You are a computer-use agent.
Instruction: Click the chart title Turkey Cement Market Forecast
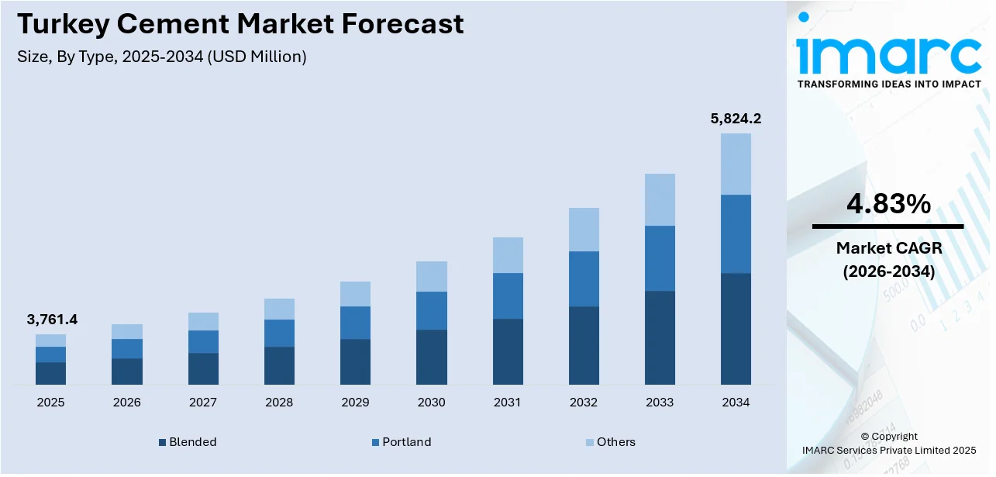240,24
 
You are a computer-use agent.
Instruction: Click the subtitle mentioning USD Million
161,57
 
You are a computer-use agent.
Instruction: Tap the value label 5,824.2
736,119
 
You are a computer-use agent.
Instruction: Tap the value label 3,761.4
51,320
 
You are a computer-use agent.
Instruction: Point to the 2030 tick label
431,403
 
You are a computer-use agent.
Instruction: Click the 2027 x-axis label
203,403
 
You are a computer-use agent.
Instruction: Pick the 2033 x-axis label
660,403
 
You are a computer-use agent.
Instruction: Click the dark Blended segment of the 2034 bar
736,329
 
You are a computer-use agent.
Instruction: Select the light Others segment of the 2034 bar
736,164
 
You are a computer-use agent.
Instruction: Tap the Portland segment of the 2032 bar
584,278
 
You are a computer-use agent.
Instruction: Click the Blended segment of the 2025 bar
51,373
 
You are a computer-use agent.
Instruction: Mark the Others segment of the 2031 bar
508,255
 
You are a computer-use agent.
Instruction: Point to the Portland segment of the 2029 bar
355,323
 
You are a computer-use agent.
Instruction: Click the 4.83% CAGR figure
887,204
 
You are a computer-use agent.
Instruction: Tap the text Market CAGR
887,248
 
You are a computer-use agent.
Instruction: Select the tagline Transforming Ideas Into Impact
889,84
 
